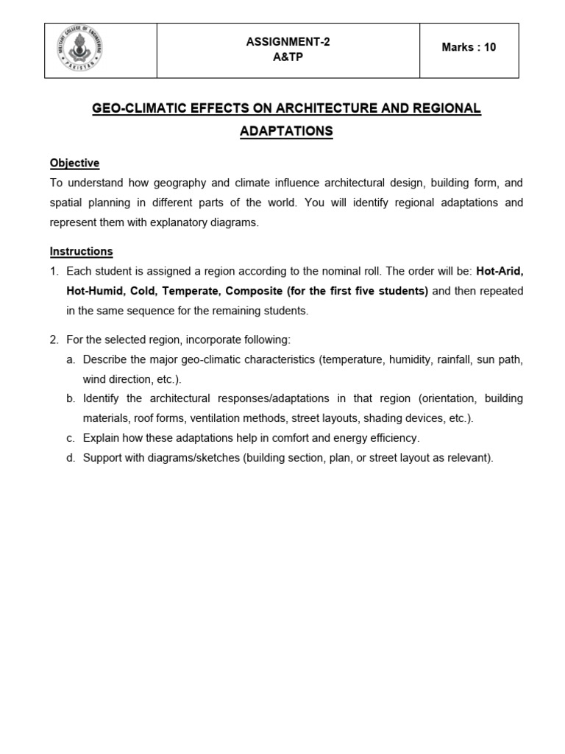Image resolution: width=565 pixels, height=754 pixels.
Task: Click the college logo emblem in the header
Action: (79, 49)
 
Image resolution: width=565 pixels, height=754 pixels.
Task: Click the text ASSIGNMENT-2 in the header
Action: (288, 42)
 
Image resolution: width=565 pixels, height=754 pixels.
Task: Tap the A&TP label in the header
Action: (288, 57)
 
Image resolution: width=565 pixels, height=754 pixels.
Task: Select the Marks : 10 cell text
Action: (469, 47)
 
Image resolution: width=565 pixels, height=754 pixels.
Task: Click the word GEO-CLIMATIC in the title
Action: (137, 108)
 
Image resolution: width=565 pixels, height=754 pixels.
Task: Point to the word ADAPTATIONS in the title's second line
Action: (286, 131)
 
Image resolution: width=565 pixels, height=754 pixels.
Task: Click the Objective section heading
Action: (74, 163)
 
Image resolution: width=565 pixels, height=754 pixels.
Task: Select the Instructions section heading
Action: (81, 251)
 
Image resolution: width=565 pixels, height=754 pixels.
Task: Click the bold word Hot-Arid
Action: (500, 271)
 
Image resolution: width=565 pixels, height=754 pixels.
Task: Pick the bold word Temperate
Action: (190, 291)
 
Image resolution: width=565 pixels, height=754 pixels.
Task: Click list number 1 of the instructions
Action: (54, 271)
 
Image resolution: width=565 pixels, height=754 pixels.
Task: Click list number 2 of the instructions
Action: (54, 339)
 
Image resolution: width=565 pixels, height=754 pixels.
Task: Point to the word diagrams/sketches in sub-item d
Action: (177, 457)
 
